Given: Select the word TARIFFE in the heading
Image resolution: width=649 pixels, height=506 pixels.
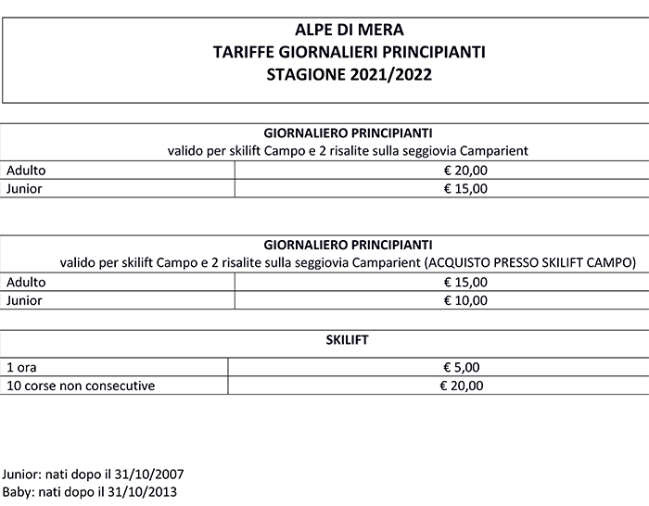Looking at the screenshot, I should (241, 53).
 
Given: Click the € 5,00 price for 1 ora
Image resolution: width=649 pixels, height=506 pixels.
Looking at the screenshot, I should (464, 366).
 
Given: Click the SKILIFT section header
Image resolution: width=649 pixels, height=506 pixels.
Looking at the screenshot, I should (348, 340).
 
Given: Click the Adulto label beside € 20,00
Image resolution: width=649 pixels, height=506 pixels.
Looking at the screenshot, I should (26, 171).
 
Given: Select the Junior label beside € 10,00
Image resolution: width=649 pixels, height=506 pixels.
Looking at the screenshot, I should (24, 300).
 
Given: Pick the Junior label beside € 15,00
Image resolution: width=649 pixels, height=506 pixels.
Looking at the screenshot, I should (24, 188).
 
